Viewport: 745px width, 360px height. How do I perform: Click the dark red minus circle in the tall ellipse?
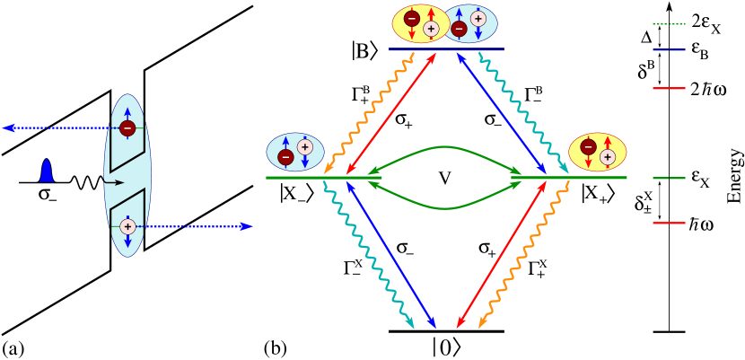pyautogui.click(x=127, y=128)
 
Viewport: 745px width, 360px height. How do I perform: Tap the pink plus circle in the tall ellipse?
pyautogui.click(x=127, y=226)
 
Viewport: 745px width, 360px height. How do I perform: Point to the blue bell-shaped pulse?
pyautogui.click(x=47, y=171)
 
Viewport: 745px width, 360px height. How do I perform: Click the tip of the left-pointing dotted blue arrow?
pyautogui.click(x=4, y=128)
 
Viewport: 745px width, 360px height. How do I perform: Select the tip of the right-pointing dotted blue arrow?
pyautogui.click(x=251, y=226)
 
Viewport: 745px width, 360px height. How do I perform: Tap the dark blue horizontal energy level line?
pyautogui.click(x=446, y=49)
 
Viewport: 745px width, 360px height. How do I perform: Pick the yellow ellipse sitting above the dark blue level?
pyautogui.click(x=419, y=23)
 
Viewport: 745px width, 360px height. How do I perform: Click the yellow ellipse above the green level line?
pyautogui.click(x=598, y=152)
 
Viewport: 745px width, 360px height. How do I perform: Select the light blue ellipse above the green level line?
pyautogui.click(x=295, y=152)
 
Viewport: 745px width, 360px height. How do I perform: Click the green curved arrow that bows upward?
pyautogui.click(x=445, y=147)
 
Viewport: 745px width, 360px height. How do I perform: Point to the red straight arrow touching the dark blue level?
pyautogui.click(x=391, y=113)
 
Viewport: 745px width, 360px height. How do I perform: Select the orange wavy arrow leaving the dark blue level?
pyautogui.click(x=368, y=112)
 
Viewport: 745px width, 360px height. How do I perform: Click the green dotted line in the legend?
pyautogui.click(x=669, y=24)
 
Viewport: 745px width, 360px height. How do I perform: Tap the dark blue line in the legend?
pyautogui.click(x=669, y=50)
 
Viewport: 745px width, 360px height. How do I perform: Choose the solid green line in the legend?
pyautogui.click(x=669, y=178)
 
